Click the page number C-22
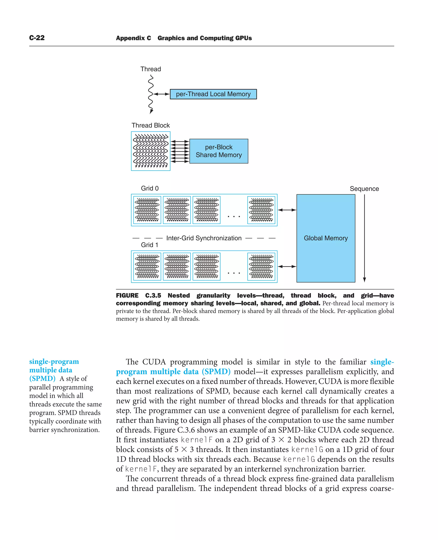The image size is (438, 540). point(37,38)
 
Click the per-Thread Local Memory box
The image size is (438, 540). point(213,94)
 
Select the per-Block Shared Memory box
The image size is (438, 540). point(219,151)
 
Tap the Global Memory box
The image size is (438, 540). point(326,238)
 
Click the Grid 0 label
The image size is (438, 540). point(150,188)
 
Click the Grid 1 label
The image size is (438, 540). point(149,245)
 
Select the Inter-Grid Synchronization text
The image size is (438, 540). point(204,238)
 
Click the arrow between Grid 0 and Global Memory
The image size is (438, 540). point(287,210)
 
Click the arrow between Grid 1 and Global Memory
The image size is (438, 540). point(287,266)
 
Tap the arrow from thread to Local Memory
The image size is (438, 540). point(161,94)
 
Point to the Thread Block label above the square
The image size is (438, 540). point(151,125)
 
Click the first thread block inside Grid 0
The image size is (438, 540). point(147,210)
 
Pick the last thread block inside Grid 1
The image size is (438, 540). point(261,266)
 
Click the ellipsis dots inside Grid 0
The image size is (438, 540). point(234,216)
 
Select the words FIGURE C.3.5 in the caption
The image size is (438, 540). point(138,295)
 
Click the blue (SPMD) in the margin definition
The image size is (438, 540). point(42,379)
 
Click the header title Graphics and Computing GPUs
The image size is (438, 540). point(205,38)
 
